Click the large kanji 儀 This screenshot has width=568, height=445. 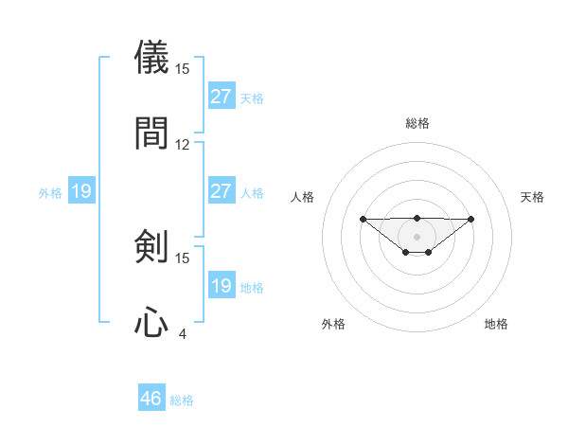coord(151,58)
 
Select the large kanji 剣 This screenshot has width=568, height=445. coord(151,247)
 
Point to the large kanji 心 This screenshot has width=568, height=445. coord(151,323)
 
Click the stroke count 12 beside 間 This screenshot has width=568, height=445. coord(183,145)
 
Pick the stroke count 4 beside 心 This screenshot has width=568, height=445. coord(183,333)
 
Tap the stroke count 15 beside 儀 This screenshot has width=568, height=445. coord(183,69)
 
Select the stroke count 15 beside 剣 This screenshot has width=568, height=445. coord(183,258)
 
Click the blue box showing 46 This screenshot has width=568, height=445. coord(151,399)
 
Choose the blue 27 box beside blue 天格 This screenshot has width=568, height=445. coord(222,96)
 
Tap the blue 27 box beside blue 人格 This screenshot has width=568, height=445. coord(222,190)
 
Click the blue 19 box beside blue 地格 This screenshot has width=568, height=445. coord(222,285)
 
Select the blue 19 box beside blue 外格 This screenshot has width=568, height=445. coord(81,191)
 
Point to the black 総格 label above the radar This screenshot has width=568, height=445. coord(417,123)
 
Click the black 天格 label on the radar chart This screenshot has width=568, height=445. coord(532,197)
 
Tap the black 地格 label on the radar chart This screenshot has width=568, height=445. coord(496,324)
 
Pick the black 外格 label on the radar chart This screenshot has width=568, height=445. coord(333,324)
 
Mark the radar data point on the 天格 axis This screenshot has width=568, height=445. coord(471,219)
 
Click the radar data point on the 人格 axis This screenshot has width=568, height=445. coord(363,219)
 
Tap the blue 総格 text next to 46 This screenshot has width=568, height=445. coord(182,400)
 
